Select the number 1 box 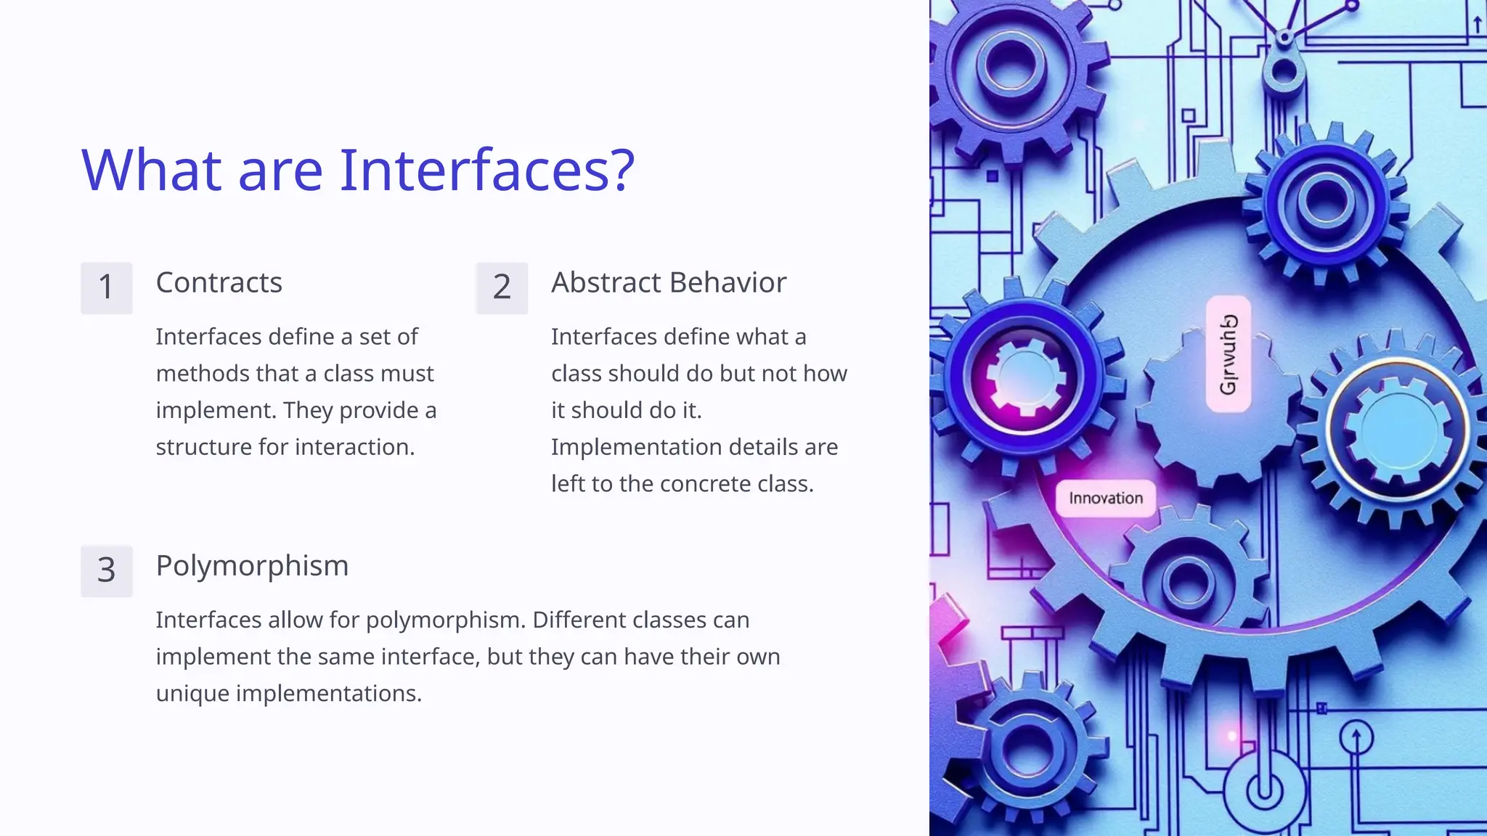pyautogui.click(x=106, y=287)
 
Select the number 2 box pyautogui.click(x=502, y=287)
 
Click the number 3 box pyautogui.click(x=106, y=570)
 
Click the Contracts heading pyautogui.click(x=219, y=282)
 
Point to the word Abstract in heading pyautogui.click(x=605, y=282)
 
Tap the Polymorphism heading pyautogui.click(x=252, y=565)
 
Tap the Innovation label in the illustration pyautogui.click(x=1105, y=499)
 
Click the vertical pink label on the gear pyautogui.click(x=1228, y=354)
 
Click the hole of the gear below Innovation pyautogui.click(x=1188, y=582)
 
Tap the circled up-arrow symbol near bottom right pyautogui.click(x=1356, y=739)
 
